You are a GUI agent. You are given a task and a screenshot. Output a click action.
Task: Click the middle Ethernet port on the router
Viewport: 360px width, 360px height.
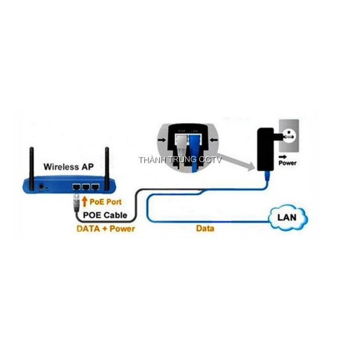pos(85,187)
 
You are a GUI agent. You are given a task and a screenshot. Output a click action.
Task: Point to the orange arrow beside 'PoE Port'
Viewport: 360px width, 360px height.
pos(84,202)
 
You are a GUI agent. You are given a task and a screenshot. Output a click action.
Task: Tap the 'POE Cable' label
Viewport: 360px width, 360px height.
pos(105,215)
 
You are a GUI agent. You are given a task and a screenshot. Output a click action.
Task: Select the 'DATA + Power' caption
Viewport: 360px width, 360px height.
pos(106,228)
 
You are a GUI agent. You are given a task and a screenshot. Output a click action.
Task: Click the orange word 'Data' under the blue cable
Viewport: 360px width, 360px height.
pos(205,229)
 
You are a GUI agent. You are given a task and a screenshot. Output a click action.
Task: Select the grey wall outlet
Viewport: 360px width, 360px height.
pos(288,134)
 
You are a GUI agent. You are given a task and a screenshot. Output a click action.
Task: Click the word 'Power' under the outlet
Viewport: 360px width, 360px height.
pos(288,163)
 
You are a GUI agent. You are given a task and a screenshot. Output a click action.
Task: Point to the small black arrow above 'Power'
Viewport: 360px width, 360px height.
pos(282,156)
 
